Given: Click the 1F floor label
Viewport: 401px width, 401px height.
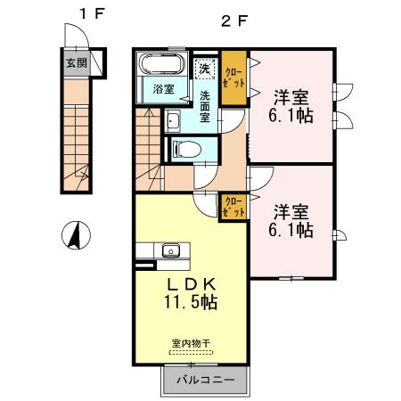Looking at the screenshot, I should pyautogui.click(x=84, y=15).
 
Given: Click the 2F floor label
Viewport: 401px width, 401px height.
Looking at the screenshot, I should pyautogui.click(x=234, y=15).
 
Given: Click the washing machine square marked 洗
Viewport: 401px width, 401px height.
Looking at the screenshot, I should pyautogui.click(x=204, y=69).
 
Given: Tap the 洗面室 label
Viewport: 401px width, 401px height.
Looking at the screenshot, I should pyautogui.click(x=204, y=104).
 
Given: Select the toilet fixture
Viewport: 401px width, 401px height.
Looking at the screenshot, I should pyautogui.click(x=188, y=149).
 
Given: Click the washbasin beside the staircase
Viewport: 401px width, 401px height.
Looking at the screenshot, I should pyautogui.click(x=172, y=122).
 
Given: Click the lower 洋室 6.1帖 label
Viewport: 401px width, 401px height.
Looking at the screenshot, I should pyautogui.click(x=291, y=220).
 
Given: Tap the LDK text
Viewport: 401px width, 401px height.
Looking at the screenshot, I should pyautogui.click(x=191, y=284).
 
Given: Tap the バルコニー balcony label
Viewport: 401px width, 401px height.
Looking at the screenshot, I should pyautogui.click(x=204, y=381).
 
